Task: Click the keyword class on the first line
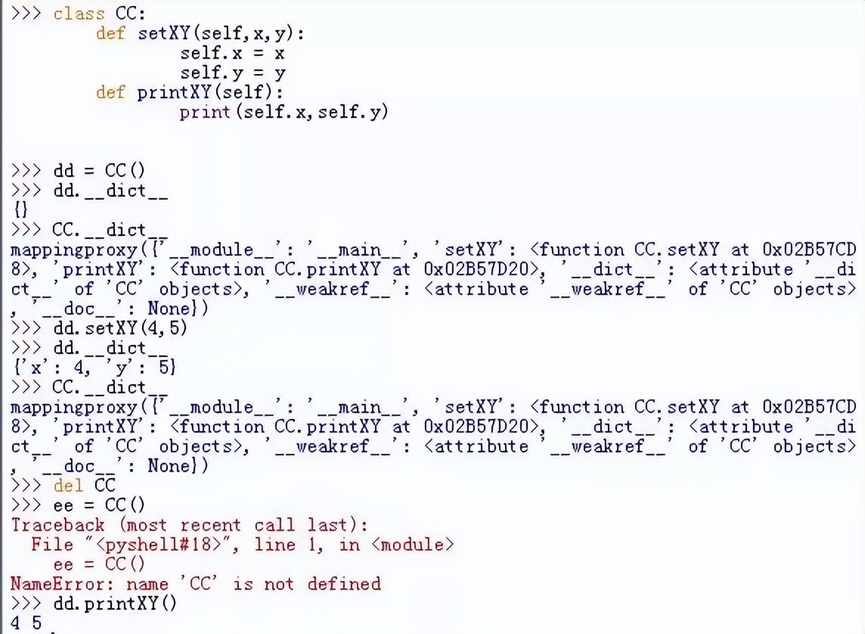tap(79, 14)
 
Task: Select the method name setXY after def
tap(164, 33)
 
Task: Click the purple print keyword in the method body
tap(205, 112)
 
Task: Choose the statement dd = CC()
tap(99, 170)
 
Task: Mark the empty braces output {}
tap(20, 210)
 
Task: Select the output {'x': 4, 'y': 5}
tap(94, 367)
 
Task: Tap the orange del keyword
tap(68, 486)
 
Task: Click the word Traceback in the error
tap(58, 525)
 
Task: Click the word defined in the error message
tap(344, 584)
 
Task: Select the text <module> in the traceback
tap(413, 545)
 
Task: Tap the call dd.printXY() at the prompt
tap(115, 604)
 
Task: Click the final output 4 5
tap(26, 623)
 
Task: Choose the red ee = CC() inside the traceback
tap(99, 564)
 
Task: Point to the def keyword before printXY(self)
tap(110, 92)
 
